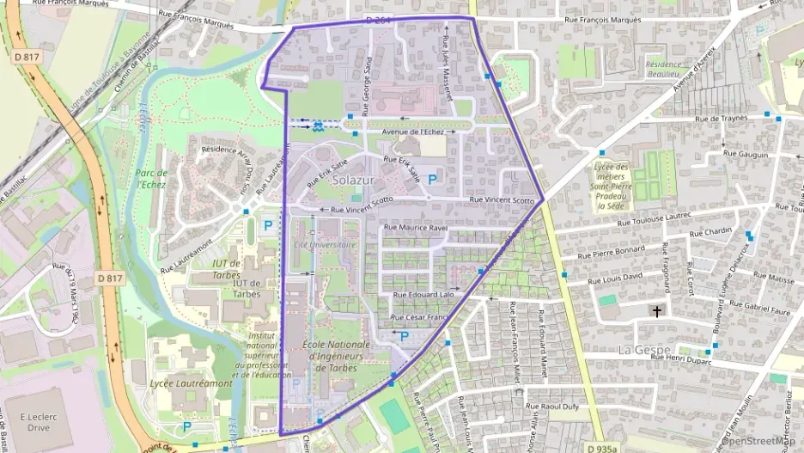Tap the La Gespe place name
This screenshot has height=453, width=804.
pyautogui.click(x=644, y=350)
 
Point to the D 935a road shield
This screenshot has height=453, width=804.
pyautogui.click(x=605, y=448)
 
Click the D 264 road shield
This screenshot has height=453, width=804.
pyautogui.click(x=378, y=19)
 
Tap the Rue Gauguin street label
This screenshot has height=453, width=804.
pyautogui.click(x=746, y=154)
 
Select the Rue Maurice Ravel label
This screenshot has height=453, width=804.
pyautogui.click(x=416, y=228)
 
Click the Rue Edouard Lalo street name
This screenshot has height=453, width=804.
pyautogui.click(x=423, y=295)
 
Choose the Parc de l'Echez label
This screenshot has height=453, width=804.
pyautogui.click(x=151, y=179)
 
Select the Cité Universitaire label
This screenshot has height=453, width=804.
pyautogui.click(x=325, y=245)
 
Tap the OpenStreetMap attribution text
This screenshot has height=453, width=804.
pyautogui.click(x=760, y=441)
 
